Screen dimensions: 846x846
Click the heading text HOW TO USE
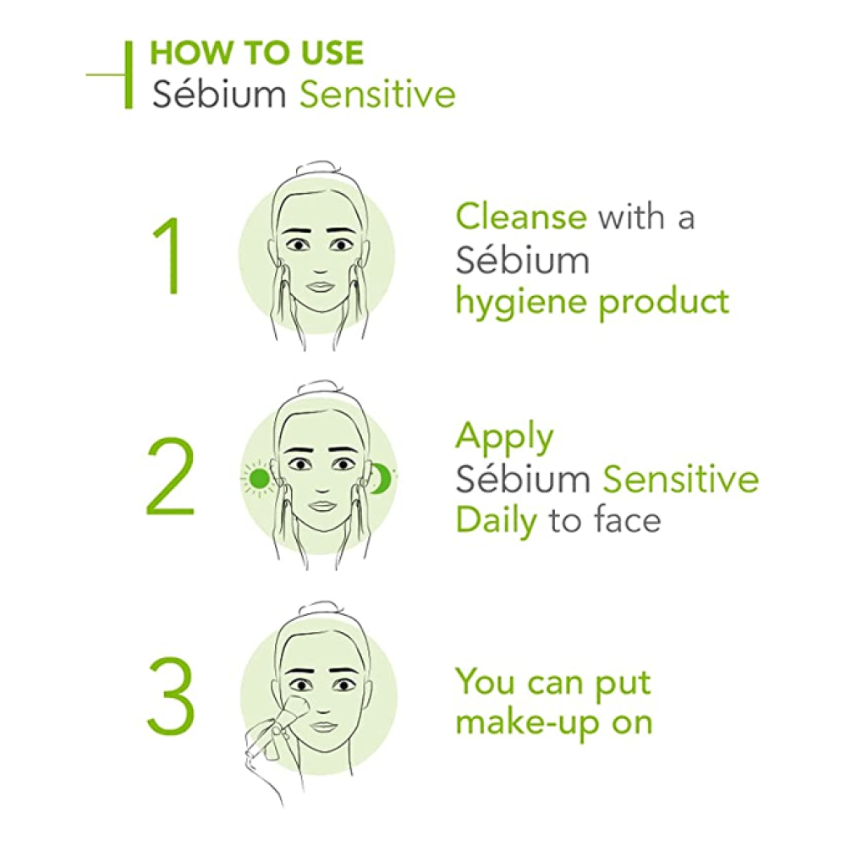tap(257, 52)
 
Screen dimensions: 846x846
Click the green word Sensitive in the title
tap(377, 94)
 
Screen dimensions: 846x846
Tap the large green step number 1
tap(169, 255)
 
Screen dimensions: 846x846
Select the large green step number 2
tap(171, 476)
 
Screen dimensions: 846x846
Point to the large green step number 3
tap(171, 695)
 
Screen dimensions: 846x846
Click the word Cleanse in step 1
tap(521, 217)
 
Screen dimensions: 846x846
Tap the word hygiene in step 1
tap(520, 302)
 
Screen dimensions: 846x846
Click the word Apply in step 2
tap(504, 438)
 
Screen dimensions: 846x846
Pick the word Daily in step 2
tap(497, 522)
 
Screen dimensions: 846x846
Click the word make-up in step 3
tap(526, 724)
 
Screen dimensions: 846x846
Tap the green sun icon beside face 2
tap(258, 477)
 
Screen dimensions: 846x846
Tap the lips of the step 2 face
tap(322, 506)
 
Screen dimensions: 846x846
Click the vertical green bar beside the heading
tap(129, 74)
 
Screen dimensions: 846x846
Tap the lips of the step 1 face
tap(321, 287)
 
